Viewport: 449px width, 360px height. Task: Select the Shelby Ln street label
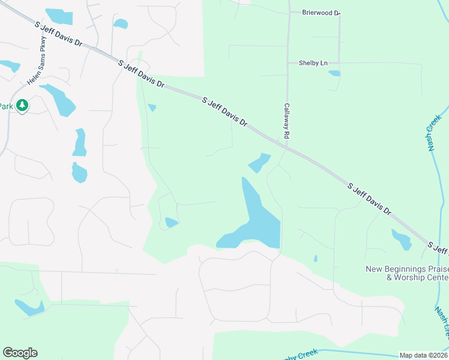click(313, 62)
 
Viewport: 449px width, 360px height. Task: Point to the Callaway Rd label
click(287, 120)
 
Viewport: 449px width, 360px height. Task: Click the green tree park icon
click(23, 106)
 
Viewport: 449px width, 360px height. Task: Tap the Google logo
click(20, 353)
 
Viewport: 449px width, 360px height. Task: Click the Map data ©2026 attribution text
click(424, 355)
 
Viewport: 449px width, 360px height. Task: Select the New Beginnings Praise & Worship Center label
click(407, 273)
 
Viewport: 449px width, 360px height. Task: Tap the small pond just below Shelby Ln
click(334, 73)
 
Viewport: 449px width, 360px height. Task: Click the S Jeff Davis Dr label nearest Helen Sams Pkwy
click(58, 35)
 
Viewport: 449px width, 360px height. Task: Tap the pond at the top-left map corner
click(59, 16)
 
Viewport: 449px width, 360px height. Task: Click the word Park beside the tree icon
click(6, 106)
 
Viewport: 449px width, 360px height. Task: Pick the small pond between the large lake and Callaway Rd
click(259, 162)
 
